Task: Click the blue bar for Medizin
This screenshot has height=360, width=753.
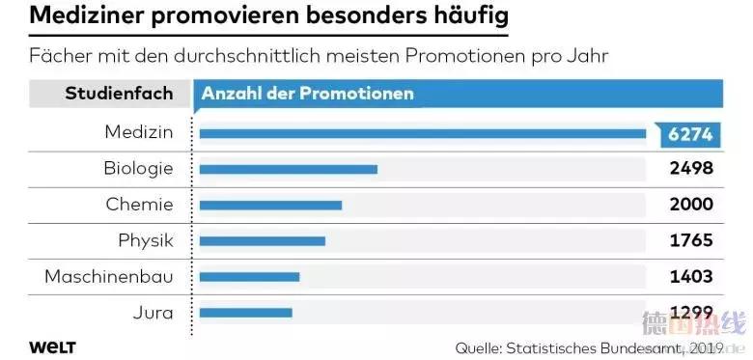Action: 422,133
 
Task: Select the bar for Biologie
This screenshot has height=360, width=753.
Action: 288,169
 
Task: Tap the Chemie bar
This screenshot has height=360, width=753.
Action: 270,205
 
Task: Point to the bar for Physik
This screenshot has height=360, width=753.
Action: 262,240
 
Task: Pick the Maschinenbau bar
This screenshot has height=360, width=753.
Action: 249,276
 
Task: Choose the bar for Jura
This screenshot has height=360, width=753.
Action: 245,312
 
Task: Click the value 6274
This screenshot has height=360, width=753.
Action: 689,134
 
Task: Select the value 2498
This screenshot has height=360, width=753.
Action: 691,168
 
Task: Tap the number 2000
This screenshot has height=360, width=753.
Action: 691,204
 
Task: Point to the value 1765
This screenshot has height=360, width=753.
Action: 691,239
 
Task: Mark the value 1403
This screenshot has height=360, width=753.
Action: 691,276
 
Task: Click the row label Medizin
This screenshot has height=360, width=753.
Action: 139,132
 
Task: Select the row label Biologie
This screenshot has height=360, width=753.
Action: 138,168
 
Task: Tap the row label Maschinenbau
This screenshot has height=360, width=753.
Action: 109,276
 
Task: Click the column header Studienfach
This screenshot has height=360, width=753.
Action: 119,94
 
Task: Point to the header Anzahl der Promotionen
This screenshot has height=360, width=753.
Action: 307,94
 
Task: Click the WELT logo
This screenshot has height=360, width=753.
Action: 52,346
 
